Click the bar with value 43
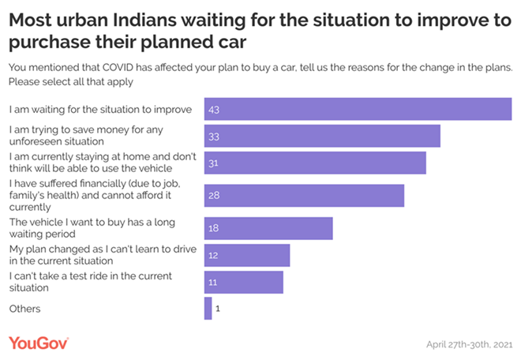[358, 109]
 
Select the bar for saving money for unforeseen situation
[322, 136]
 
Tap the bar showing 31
[315, 163]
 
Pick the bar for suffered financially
[304, 195]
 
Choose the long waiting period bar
[268, 228]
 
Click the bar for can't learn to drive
[247, 255]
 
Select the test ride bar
[243, 282]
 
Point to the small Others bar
[208, 309]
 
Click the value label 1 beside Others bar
[217, 309]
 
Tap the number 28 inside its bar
[213, 195]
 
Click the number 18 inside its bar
[213, 228]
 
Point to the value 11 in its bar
[213, 282]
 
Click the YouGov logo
[39, 343]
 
